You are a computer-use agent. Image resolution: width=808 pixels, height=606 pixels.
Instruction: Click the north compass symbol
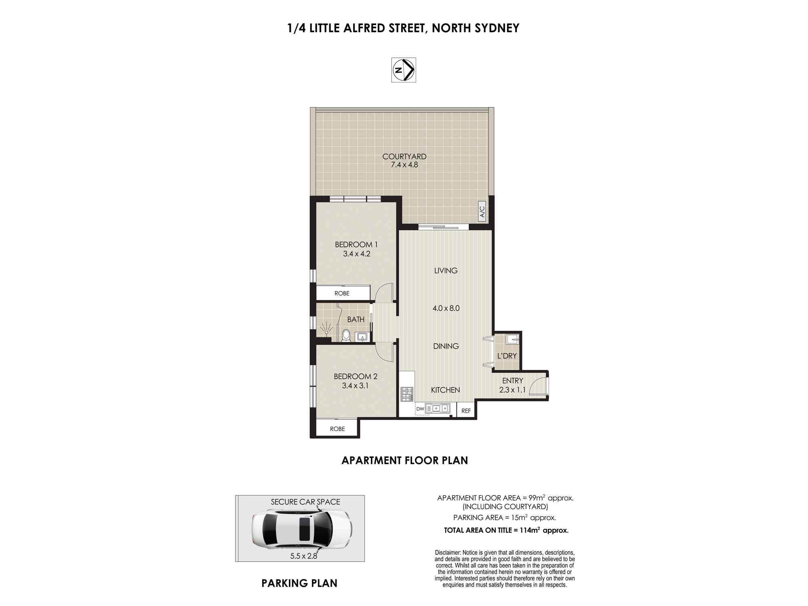(404, 70)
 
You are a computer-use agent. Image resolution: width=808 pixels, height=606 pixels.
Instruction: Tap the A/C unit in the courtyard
(482, 211)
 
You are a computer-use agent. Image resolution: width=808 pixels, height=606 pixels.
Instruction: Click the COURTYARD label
(404, 156)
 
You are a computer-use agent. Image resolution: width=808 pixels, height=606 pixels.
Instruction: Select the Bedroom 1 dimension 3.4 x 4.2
(356, 254)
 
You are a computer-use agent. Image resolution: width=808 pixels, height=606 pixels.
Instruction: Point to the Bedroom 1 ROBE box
(343, 293)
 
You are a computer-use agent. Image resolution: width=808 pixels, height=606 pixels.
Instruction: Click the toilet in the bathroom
(346, 335)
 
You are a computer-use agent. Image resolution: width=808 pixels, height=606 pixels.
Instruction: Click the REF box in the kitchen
(466, 411)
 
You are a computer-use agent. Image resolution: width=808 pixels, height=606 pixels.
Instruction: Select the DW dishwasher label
(420, 409)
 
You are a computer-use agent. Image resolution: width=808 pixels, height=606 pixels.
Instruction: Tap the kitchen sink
(438, 408)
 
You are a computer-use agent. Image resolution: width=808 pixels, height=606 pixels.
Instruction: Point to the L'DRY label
(507, 356)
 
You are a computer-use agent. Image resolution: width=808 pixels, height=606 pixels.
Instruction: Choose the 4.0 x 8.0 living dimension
(446, 308)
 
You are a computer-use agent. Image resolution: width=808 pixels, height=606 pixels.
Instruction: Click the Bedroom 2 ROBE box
(337, 429)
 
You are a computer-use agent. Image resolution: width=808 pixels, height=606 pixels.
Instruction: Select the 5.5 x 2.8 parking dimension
(303, 556)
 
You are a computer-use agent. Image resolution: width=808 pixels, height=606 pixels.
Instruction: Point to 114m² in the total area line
(529, 530)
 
